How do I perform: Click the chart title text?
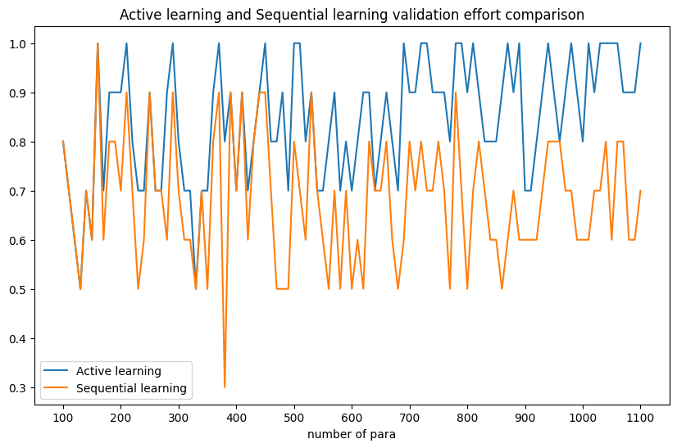coord(352,15)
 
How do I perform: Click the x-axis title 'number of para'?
coord(352,434)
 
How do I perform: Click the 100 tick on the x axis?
coord(63,417)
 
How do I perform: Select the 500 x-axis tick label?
coord(294,417)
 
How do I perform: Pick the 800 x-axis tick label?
coord(467,417)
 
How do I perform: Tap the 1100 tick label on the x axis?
coord(640,417)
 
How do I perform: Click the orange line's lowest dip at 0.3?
coord(225,387)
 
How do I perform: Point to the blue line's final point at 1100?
coord(640,43)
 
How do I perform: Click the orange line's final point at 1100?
coord(640,191)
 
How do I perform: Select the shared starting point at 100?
coord(63,142)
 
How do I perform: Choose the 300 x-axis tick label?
coord(179,417)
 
